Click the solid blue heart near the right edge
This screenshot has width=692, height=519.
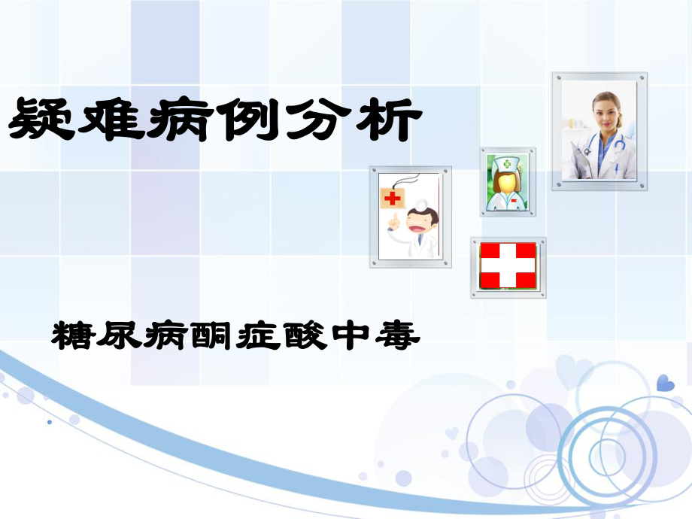(665, 384)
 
